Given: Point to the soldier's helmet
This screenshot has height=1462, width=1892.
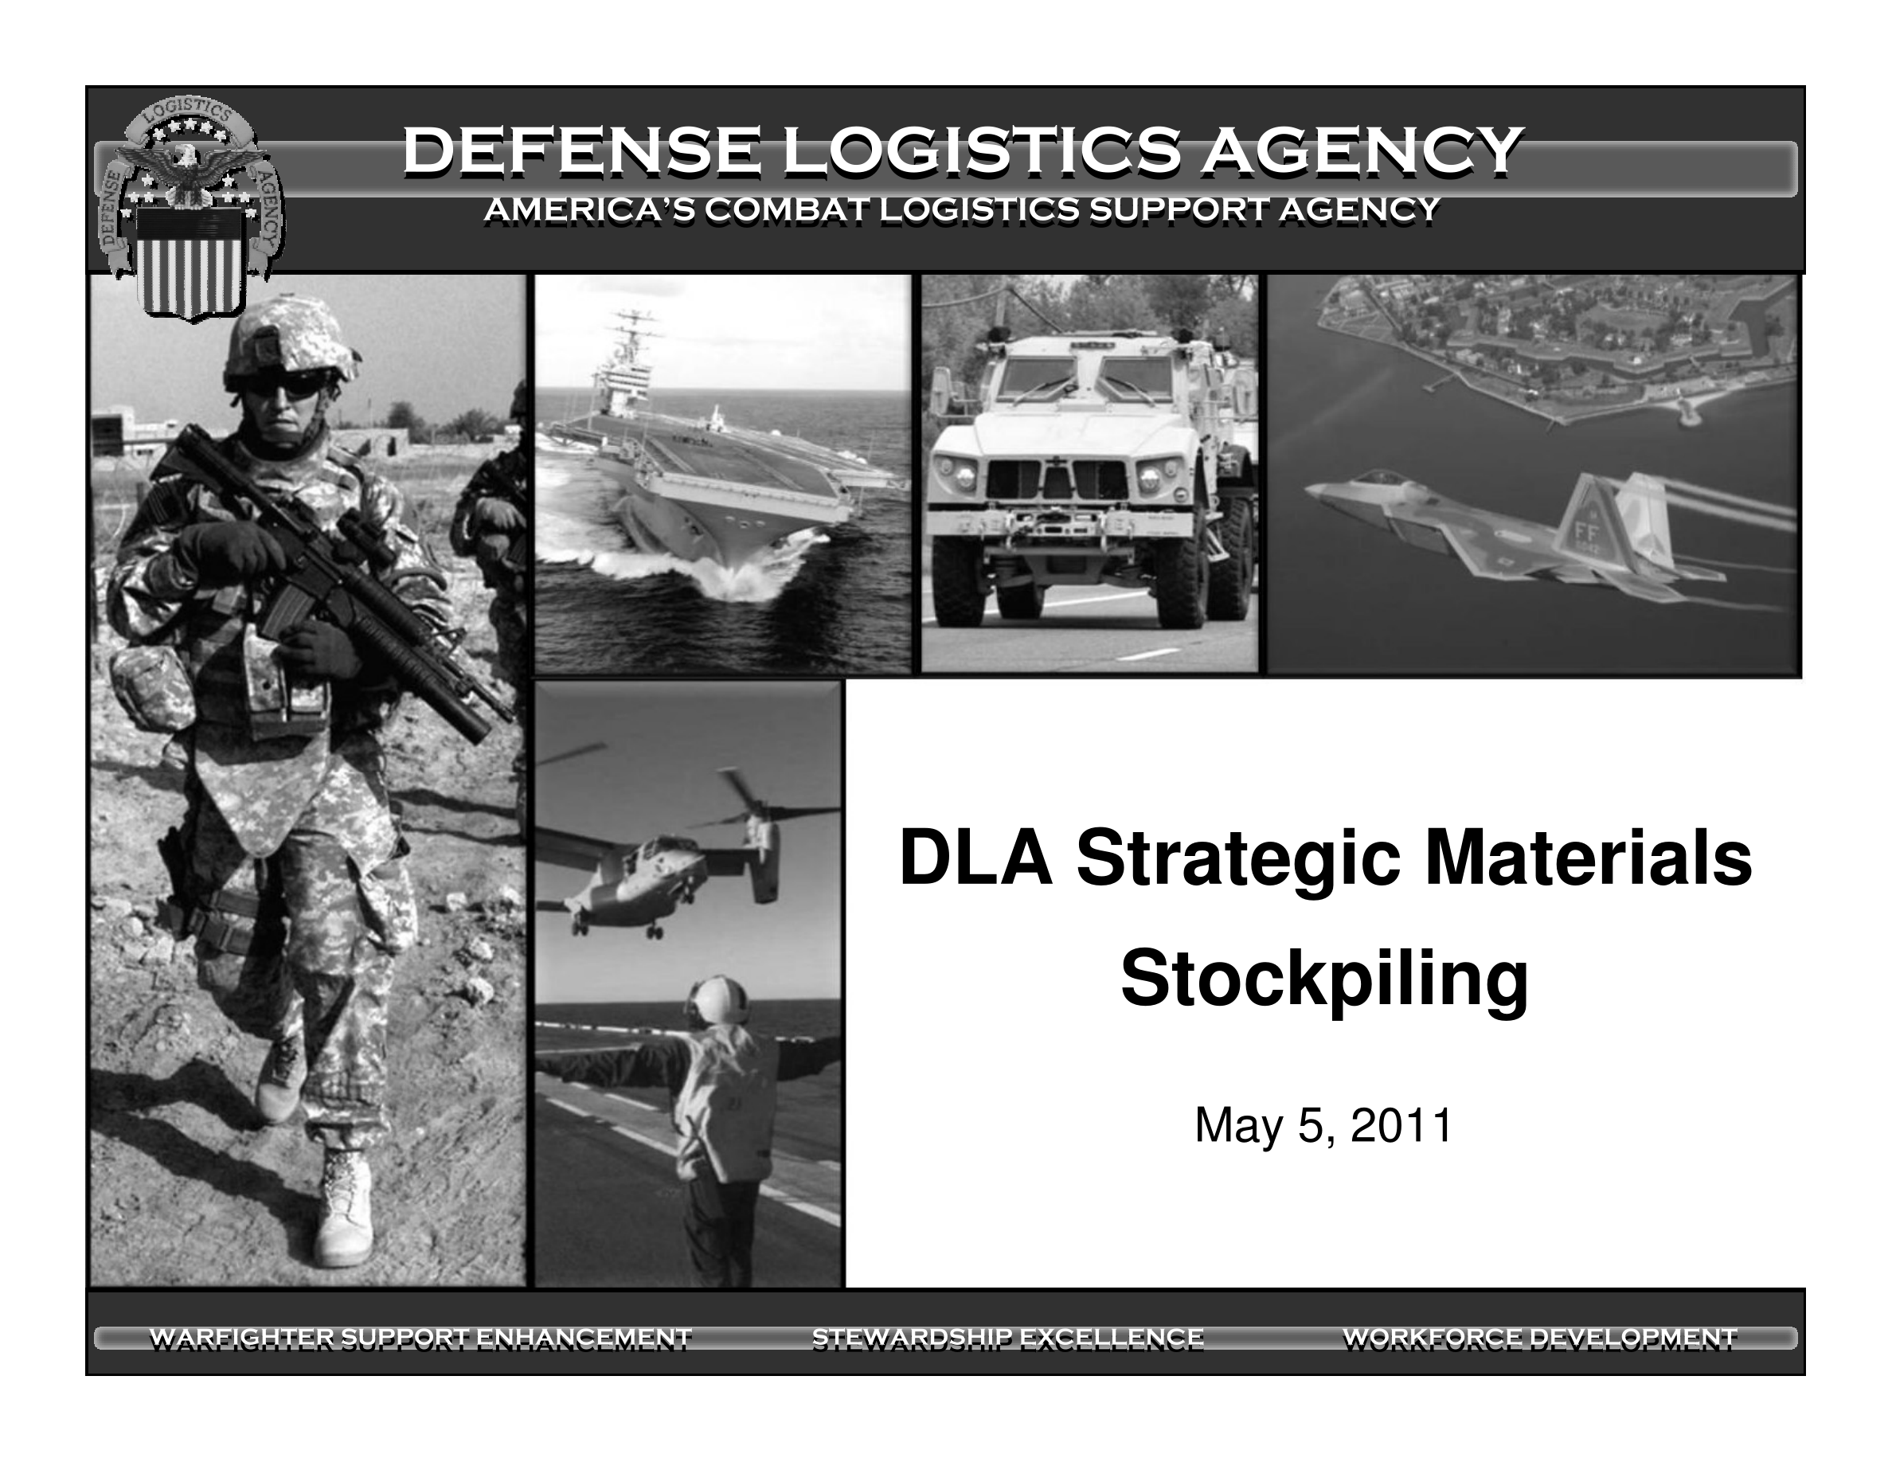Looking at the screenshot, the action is pos(290,340).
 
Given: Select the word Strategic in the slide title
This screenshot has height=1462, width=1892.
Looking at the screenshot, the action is pos(1239,861).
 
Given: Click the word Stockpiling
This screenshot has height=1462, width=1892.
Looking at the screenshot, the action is pos(1324,980).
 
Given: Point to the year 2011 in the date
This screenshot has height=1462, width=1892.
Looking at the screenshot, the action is pos(1401,1126).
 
